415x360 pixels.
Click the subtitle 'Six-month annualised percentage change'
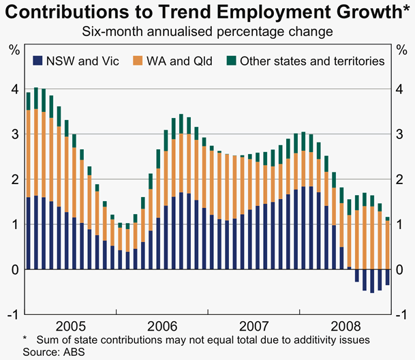click(207, 32)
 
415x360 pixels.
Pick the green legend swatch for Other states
click(232, 61)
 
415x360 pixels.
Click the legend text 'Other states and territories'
click(311, 61)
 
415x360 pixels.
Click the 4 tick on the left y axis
click(13, 89)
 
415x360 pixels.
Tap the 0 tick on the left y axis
click(13, 269)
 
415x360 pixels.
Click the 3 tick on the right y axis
click(401, 134)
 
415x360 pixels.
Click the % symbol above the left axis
click(13, 50)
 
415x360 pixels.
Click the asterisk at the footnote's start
click(25, 339)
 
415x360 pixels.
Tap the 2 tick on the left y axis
click(13, 179)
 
